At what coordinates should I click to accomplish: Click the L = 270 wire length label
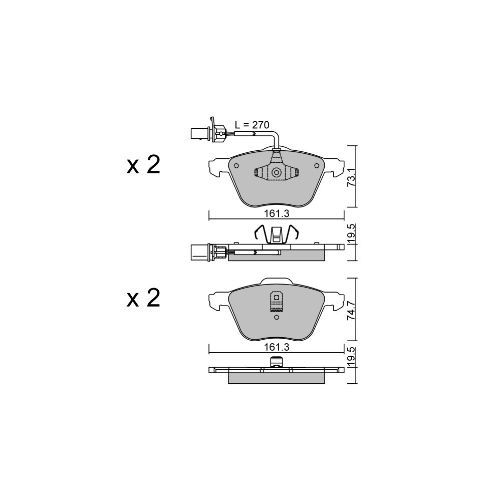tap(252, 125)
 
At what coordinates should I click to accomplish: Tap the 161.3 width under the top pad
tap(277, 213)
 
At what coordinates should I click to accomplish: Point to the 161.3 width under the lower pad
tap(277, 347)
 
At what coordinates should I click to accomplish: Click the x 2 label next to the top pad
tap(143, 165)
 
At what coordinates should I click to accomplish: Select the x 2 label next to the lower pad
tap(143, 298)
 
